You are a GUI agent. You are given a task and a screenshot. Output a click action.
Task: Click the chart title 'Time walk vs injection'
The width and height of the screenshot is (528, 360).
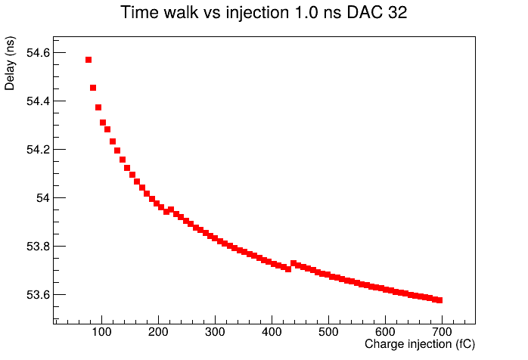pyautogui.click(x=205, y=13)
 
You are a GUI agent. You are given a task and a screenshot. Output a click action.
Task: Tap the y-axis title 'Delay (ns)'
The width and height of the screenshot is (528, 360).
pyautogui.click(x=10, y=64)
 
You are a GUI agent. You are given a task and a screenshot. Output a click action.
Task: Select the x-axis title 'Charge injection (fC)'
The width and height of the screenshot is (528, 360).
pyautogui.click(x=420, y=344)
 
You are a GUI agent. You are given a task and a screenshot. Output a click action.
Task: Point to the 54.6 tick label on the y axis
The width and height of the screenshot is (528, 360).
pyautogui.click(x=38, y=53)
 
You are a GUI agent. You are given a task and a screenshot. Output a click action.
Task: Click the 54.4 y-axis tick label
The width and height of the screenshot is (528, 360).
pyautogui.click(x=38, y=101)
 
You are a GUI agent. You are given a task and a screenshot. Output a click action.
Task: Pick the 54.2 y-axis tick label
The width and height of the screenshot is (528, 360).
pyautogui.click(x=38, y=150)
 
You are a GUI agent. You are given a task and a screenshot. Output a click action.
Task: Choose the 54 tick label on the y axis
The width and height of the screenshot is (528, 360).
pyautogui.click(x=43, y=198)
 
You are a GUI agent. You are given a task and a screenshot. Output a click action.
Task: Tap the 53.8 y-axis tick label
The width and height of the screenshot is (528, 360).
pyautogui.click(x=38, y=247)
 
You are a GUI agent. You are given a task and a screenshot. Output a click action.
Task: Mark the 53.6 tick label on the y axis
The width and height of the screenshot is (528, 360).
pyautogui.click(x=38, y=295)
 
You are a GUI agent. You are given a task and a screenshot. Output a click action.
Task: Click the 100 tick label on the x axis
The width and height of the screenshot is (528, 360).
pyautogui.click(x=101, y=332)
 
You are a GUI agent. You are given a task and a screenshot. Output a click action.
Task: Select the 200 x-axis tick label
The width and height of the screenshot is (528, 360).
pyautogui.click(x=158, y=332)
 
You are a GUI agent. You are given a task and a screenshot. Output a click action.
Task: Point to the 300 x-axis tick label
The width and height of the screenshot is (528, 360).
pyautogui.click(x=215, y=332)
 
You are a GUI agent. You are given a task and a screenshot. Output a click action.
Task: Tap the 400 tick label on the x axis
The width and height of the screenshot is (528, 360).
pyautogui.click(x=272, y=332)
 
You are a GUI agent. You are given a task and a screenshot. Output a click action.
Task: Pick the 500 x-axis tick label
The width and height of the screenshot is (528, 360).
pyautogui.click(x=328, y=332)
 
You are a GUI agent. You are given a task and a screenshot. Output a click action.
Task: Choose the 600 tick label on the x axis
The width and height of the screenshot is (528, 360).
pyautogui.click(x=385, y=332)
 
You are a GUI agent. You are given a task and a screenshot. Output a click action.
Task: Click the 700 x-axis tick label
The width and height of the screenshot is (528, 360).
pyautogui.click(x=442, y=332)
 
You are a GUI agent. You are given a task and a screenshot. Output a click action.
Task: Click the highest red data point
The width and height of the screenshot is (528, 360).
pyautogui.click(x=89, y=60)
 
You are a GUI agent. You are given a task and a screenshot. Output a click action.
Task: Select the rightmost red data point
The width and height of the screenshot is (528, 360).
pyautogui.click(x=439, y=300)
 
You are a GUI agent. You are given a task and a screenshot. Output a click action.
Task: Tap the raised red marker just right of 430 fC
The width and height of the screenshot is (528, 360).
pyautogui.click(x=294, y=263)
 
